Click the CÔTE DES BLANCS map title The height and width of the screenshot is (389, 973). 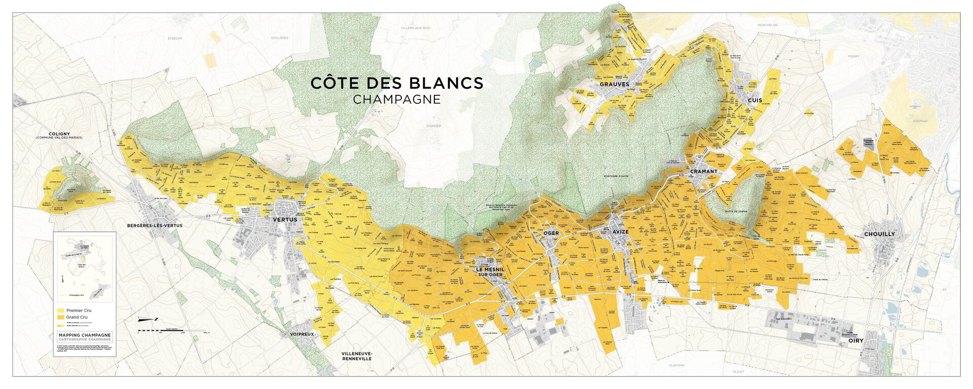pyautogui.click(x=397, y=83)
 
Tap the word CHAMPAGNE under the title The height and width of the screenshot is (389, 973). pyautogui.click(x=397, y=99)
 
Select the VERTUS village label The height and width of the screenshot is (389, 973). pyautogui.click(x=284, y=220)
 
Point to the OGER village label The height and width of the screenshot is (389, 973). pyautogui.click(x=550, y=233)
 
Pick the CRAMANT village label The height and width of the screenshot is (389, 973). pyautogui.click(x=703, y=172)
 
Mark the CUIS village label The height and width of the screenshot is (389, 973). pyautogui.click(x=755, y=101)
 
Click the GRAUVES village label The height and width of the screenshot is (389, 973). pyautogui.click(x=614, y=84)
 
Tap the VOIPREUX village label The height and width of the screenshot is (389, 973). pyautogui.click(x=301, y=335)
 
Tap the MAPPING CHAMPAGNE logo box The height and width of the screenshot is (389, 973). pyautogui.click(x=85, y=337)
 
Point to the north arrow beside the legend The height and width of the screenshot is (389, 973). pyautogui.click(x=149, y=319)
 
